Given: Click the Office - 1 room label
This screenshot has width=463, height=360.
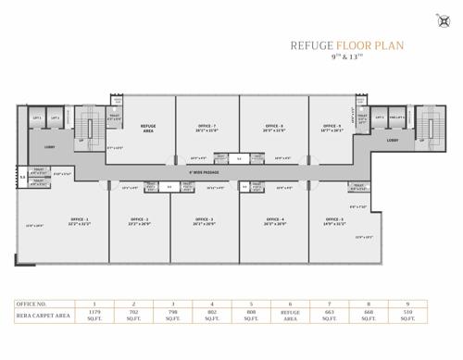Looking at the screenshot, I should tap(80, 219).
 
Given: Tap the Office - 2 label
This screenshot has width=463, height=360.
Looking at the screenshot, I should tap(140, 219).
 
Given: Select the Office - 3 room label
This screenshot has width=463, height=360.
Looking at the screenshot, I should tap(204, 219).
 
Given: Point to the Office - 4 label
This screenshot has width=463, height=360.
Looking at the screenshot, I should tap(274, 219).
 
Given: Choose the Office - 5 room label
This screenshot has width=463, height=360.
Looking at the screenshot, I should tap(334, 219).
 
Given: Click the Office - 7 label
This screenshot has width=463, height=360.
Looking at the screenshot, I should tap(206, 126).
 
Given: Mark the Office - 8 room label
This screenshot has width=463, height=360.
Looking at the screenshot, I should tap(274, 126).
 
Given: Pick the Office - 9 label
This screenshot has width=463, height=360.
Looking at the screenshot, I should tap(332, 126).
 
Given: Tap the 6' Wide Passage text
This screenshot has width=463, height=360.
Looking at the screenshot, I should tap(204, 172).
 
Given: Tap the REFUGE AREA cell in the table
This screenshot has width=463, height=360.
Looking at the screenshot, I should tap(291, 315).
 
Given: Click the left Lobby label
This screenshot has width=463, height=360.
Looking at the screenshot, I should tap(49, 146).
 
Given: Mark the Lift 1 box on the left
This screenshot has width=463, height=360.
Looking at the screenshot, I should tap(38, 118).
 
